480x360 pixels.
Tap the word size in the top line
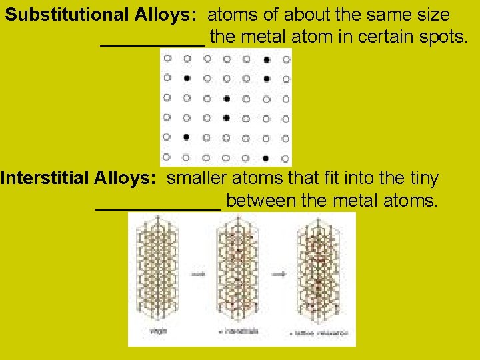(430, 15)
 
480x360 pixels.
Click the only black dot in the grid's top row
(267, 59)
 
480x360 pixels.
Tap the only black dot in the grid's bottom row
(266, 159)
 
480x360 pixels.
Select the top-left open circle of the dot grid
(167, 59)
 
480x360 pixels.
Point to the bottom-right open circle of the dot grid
(286, 159)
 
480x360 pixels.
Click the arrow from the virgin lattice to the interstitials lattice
(198, 273)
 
